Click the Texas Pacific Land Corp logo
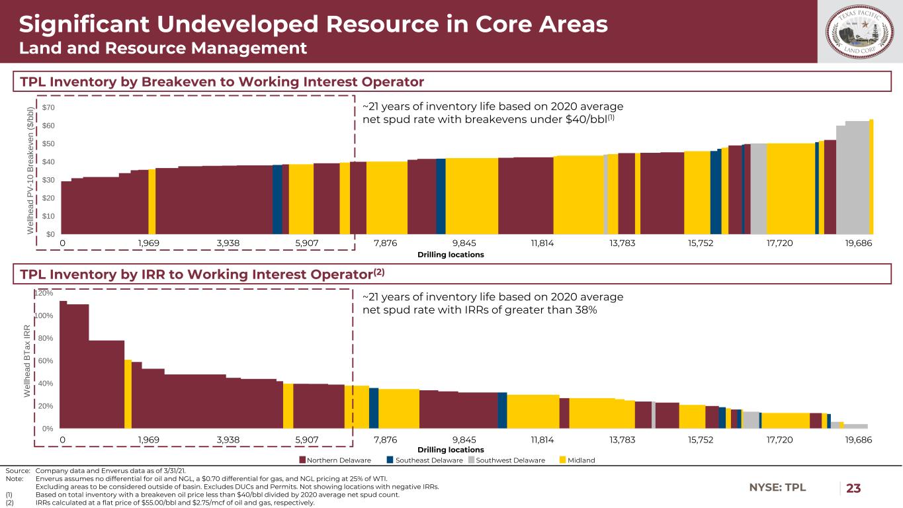click(859, 31)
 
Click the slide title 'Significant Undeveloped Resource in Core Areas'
click(313, 24)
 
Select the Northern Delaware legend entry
click(335, 460)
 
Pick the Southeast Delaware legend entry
click(424, 460)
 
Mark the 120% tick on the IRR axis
click(45, 293)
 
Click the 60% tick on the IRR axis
click(47, 361)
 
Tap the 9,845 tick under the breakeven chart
click(465, 243)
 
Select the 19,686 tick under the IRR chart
click(859, 439)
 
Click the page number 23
click(854, 488)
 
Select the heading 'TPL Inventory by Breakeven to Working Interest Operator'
click(221, 81)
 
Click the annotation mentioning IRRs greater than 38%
click(493, 304)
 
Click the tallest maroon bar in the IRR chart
click(63, 364)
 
